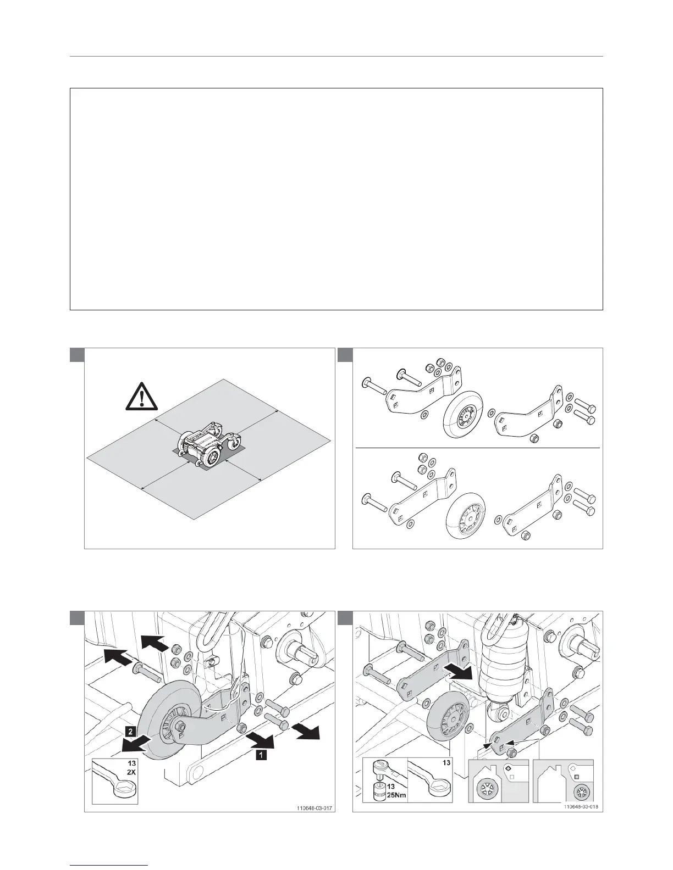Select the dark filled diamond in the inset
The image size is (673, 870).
pos(508,768)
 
